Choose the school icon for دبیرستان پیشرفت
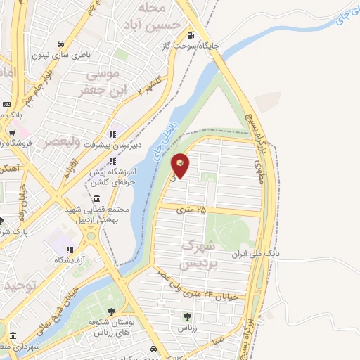[x=111, y=135]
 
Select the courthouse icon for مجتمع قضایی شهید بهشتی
[x=96, y=198]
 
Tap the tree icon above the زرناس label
[x=186, y=316]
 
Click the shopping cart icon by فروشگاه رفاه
[x=13, y=131]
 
